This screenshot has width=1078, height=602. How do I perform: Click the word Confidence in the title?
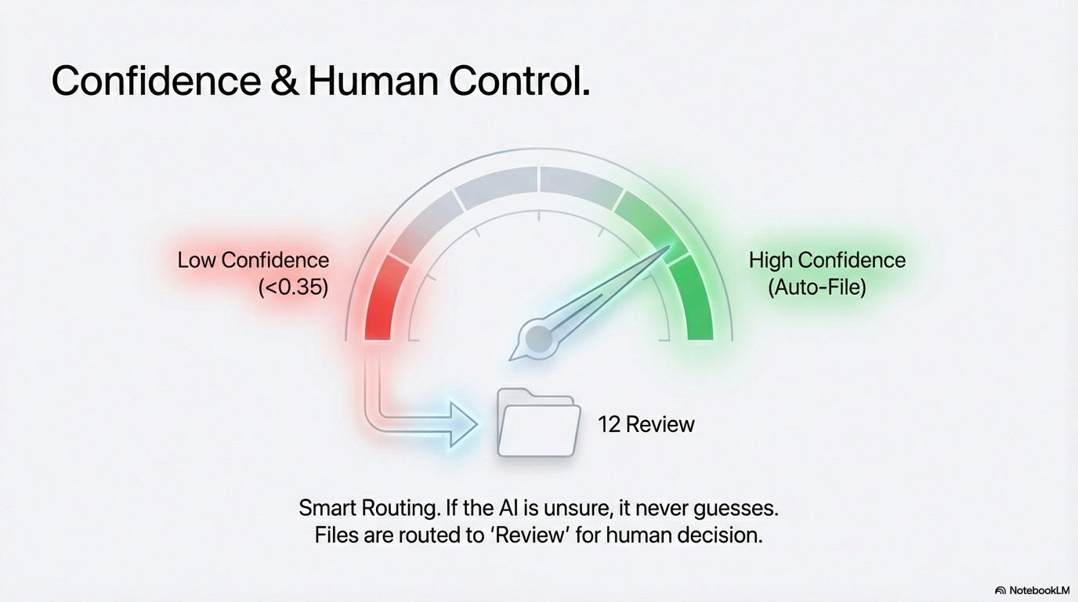tap(155, 81)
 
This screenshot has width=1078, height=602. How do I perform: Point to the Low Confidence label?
tap(253, 260)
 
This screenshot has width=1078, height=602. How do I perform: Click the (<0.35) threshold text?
tap(293, 287)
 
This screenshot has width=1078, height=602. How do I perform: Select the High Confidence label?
tap(827, 260)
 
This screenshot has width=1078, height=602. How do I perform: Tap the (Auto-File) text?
tap(817, 287)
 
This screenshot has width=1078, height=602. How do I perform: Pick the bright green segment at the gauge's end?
tap(695, 302)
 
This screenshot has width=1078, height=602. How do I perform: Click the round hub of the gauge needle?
tap(539, 339)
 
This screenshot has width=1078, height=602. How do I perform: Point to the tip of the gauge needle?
tap(668, 248)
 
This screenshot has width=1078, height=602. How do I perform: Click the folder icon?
tap(538, 423)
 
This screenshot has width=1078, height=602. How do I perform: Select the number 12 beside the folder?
tap(609, 424)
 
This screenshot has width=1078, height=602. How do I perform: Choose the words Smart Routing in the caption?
tap(367, 508)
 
